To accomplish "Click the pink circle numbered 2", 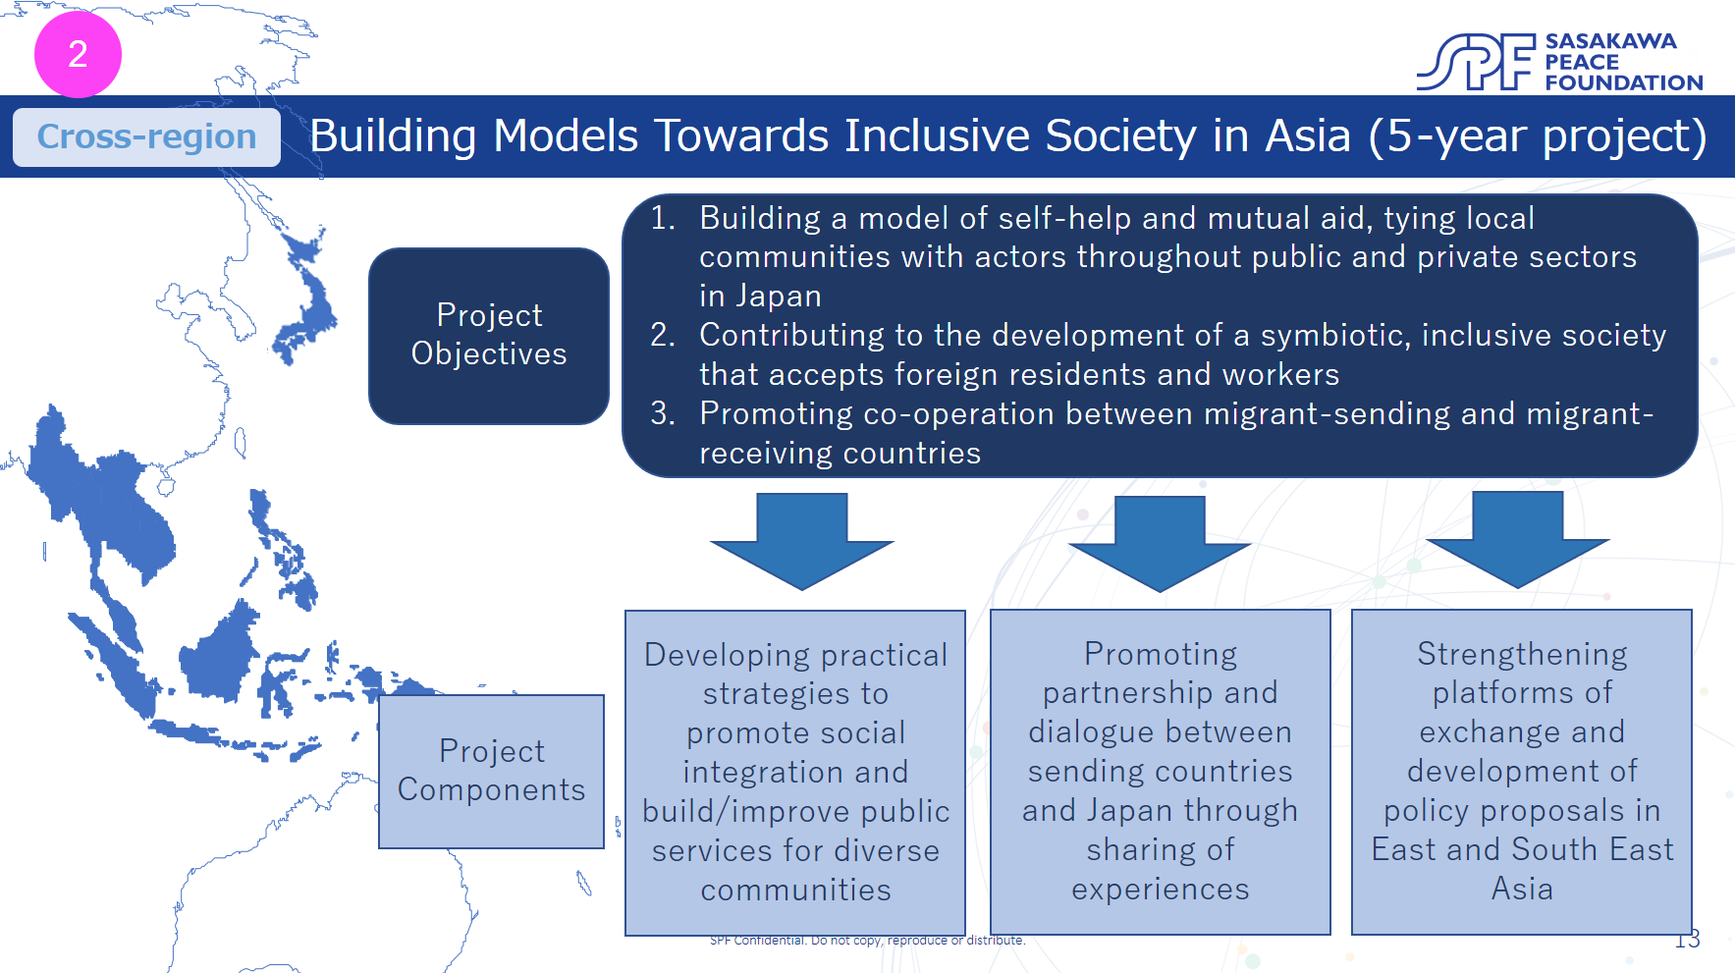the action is [x=78, y=54].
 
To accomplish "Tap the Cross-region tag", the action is [x=146, y=136].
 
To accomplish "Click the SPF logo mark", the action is [x=1475, y=62].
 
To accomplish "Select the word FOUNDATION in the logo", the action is [x=1624, y=82].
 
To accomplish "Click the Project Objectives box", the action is [x=489, y=336].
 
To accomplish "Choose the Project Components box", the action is [x=491, y=772].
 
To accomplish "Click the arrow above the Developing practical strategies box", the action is [x=802, y=542].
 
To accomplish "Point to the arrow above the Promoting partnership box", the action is [x=1160, y=544].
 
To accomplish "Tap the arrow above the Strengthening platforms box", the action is [x=1518, y=540].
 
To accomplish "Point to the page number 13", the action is [x=1687, y=940].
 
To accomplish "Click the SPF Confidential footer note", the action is [x=867, y=941].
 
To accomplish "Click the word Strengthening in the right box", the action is [x=1522, y=655].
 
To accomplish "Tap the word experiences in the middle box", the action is [x=1161, y=890].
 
